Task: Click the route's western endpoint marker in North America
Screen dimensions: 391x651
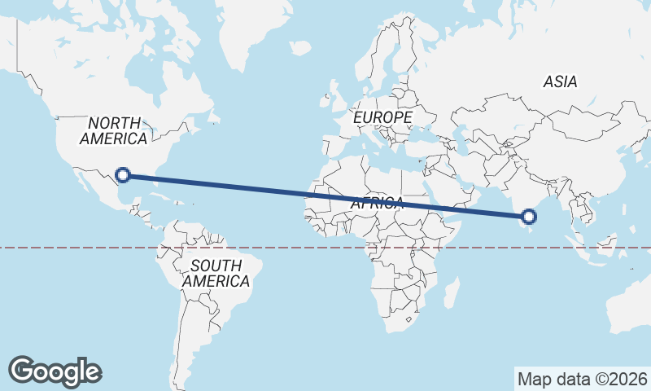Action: (x=123, y=174)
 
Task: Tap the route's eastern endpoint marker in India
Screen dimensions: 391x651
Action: (x=529, y=216)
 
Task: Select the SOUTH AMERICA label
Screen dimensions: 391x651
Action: (x=216, y=274)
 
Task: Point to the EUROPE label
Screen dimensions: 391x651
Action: (x=382, y=118)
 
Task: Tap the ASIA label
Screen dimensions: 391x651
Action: (x=560, y=81)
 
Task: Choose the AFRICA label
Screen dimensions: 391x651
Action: (x=377, y=204)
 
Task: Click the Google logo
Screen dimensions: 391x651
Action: (x=55, y=371)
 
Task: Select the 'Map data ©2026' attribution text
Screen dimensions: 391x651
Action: (x=582, y=379)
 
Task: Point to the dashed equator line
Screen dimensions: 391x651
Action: (x=81, y=247)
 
